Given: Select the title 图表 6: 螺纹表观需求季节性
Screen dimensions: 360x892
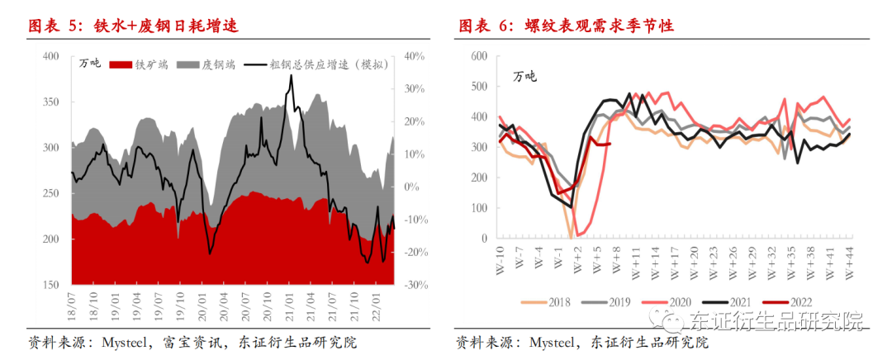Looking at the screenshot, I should click(567, 26).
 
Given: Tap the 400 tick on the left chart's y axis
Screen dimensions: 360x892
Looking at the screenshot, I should click(50, 56).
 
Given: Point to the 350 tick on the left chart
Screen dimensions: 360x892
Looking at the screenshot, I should click(50, 102).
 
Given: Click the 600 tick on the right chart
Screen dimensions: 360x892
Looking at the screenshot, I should click(478, 56).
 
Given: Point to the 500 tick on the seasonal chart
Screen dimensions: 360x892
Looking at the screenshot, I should click(478, 87).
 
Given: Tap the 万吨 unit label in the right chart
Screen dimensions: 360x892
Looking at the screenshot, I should click(524, 77).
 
